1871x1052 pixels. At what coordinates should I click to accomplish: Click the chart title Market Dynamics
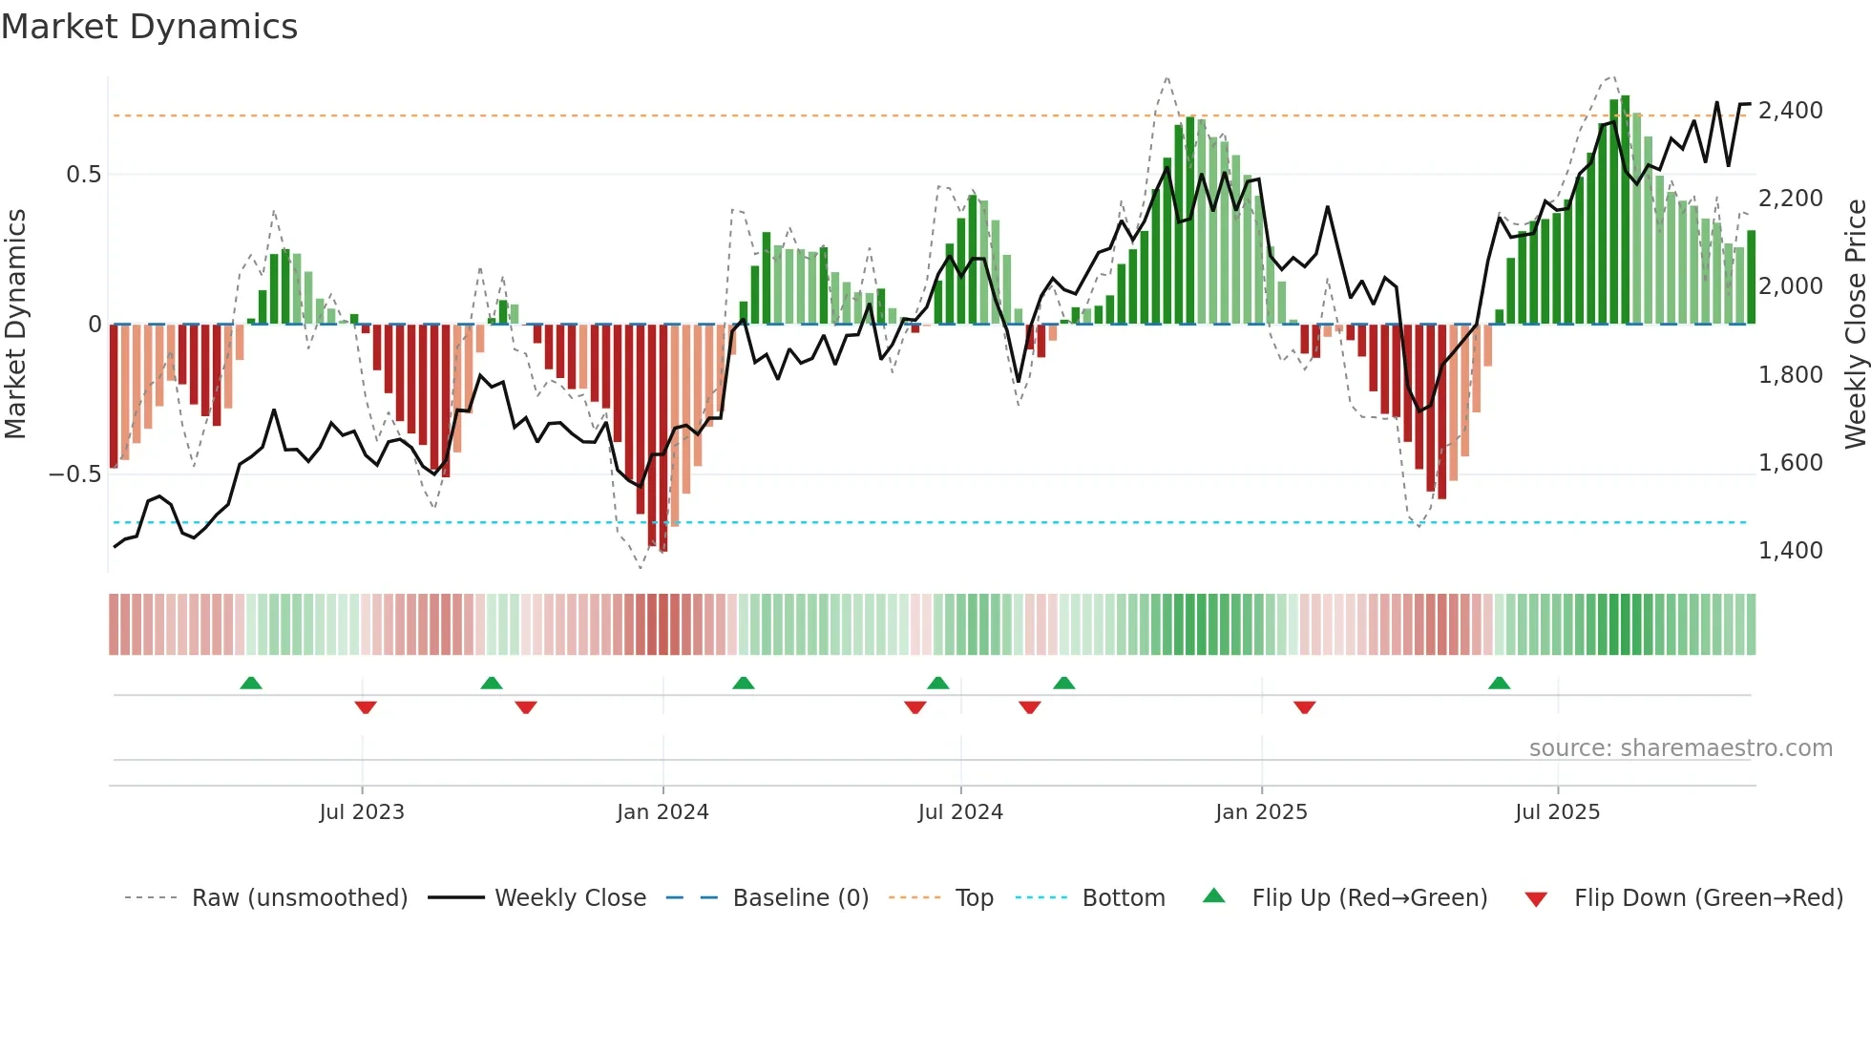point(149,27)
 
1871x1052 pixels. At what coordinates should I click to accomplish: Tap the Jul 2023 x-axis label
point(362,812)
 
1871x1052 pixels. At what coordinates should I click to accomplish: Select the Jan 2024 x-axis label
point(662,812)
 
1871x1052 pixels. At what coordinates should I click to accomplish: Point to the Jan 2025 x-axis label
point(1261,812)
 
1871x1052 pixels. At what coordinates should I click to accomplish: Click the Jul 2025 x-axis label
point(1557,812)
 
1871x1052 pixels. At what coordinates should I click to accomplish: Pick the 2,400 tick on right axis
point(1790,111)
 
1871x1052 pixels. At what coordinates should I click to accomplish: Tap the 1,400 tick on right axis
point(1790,551)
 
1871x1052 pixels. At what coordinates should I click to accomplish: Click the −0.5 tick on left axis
point(74,474)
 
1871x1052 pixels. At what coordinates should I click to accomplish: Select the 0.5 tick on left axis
point(83,175)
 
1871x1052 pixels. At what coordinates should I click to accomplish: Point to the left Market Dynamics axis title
point(15,325)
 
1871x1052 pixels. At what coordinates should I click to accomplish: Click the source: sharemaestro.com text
point(1680,748)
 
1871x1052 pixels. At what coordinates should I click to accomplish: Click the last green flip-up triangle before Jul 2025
point(1499,684)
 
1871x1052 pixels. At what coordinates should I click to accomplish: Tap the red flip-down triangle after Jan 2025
point(1305,707)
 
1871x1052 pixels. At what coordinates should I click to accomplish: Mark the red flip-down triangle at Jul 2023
point(366,707)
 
